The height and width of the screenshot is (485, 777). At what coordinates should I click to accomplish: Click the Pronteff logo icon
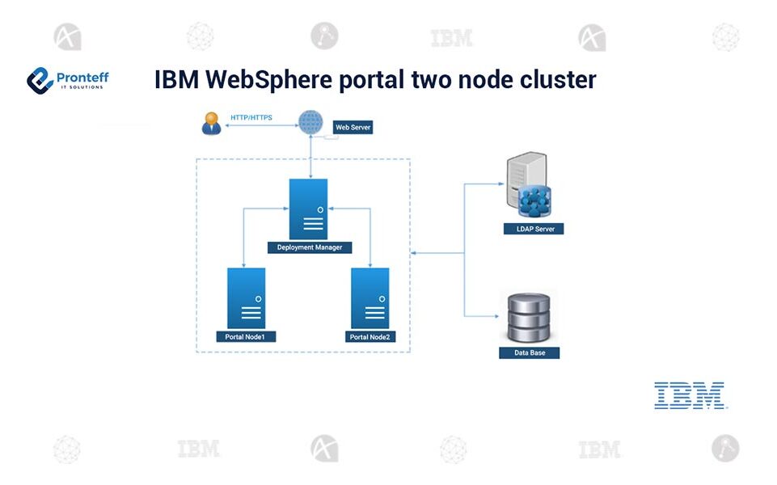pyautogui.click(x=40, y=79)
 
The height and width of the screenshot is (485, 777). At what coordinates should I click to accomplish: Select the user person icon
pyautogui.click(x=211, y=124)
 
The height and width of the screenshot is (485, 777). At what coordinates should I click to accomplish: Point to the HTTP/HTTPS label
pyautogui.click(x=251, y=118)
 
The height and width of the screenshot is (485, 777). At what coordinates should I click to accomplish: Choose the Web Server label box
pyautogui.click(x=353, y=127)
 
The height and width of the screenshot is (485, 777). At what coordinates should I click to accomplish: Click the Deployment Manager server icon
pyautogui.click(x=309, y=209)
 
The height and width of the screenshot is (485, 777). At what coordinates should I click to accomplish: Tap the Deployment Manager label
pyautogui.click(x=309, y=247)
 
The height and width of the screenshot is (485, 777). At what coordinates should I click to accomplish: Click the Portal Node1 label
pyautogui.click(x=246, y=336)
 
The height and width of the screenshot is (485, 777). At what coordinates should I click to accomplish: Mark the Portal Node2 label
pyautogui.click(x=372, y=336)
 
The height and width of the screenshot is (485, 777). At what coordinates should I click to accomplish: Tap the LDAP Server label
pyautogui.click(x=534, y=230)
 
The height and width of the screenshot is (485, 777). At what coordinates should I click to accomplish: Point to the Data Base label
pyautogui.click(x=530, y=353)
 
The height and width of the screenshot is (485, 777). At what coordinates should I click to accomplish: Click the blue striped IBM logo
pyautogui.click(x=689, y=395)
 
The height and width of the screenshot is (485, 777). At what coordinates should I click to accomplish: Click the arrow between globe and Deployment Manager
pyautogui.click(x=311, y=158)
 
